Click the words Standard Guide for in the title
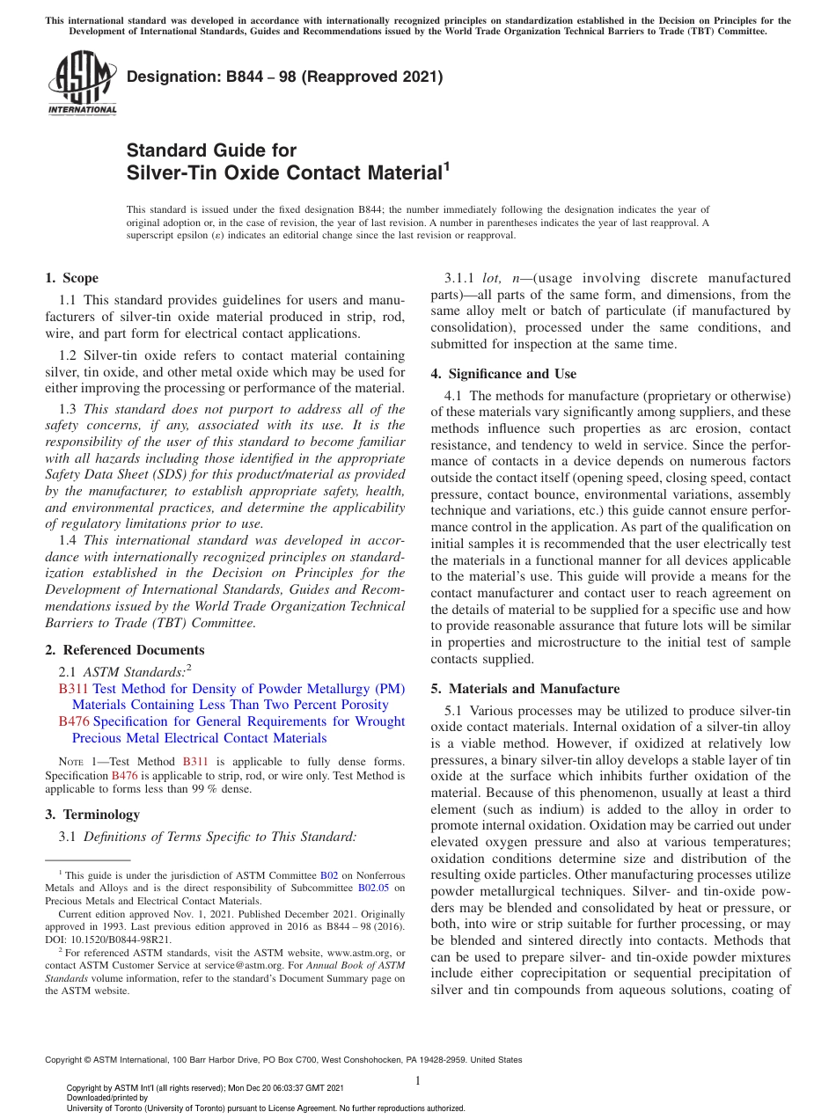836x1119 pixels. coord(211,150)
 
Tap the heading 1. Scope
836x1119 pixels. coord(71,278)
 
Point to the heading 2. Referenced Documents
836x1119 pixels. coord(124,650)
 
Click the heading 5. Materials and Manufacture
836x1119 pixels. coord(524,689)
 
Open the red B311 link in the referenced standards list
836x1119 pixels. coord(73,689)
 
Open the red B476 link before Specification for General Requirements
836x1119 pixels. coord(73,721)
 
